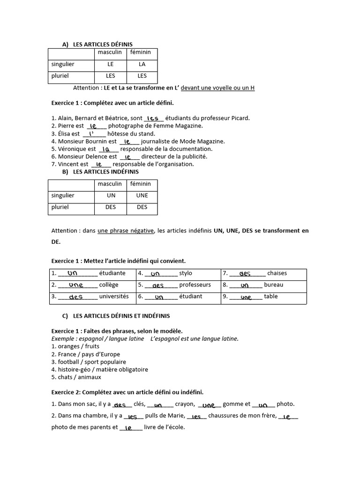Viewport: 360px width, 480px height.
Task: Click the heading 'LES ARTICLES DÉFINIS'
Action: pos(103,44)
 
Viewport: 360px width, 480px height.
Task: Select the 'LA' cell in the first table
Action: pos(142,64)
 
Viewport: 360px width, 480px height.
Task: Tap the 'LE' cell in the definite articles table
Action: pos(111,64)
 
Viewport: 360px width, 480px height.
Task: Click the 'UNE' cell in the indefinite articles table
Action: pos(142,195)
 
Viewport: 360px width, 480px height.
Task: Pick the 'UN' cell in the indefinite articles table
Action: pos(111,195)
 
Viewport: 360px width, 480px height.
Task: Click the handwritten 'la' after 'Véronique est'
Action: pos(106,149)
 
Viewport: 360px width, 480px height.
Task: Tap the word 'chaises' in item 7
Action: pos(277,273)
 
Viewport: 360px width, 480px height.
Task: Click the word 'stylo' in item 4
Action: pos(186,273)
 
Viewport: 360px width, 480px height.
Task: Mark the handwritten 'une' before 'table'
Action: pos(246,297)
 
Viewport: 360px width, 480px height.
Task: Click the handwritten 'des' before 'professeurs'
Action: pos(158,285)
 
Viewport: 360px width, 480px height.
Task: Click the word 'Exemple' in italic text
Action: pos(63,338)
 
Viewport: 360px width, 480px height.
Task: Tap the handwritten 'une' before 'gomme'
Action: pos(209,405)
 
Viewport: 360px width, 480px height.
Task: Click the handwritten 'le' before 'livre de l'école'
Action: pos(128,427)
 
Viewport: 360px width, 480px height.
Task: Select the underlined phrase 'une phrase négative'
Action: pos(125,231)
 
